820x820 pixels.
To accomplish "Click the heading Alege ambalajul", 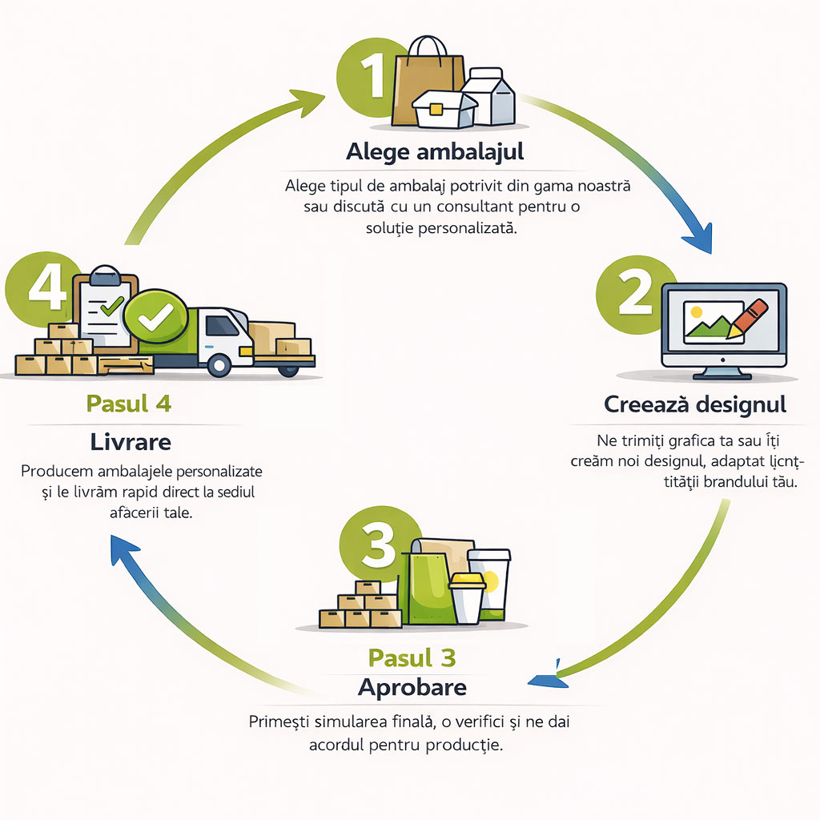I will [436, 151].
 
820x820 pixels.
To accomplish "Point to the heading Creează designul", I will [695, 404].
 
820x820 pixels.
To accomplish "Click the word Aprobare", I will [412, 687].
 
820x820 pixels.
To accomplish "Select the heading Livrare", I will [130, 442].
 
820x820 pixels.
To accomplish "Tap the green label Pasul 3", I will [412, 658].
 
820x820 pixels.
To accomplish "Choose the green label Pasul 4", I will [128, 404].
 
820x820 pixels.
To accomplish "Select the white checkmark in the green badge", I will [156, 318].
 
